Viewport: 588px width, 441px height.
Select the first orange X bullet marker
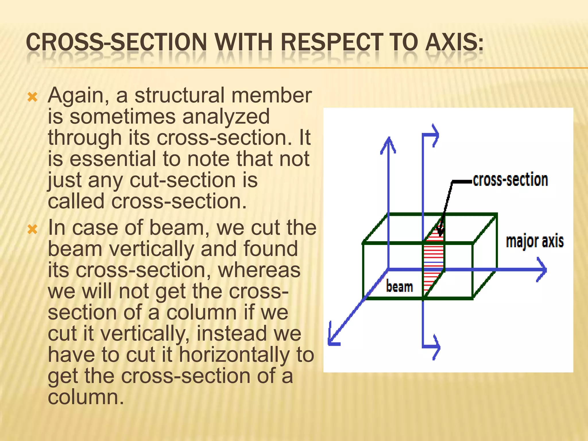pos(32,97)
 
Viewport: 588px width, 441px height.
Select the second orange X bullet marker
pos(32,229)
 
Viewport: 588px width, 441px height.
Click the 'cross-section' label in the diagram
pos(510,180)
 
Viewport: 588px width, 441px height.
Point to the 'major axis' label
pos(535,241)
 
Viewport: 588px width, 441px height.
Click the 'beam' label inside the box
pos(399,287)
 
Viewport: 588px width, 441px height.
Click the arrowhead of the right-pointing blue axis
pos(542,270)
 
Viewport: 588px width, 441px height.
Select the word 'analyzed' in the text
pos(226,117)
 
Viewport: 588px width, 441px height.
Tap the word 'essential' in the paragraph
pos(113,159)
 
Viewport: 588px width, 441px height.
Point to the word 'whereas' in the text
pos(259,270)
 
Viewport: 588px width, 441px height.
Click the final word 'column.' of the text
pos(86,397)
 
